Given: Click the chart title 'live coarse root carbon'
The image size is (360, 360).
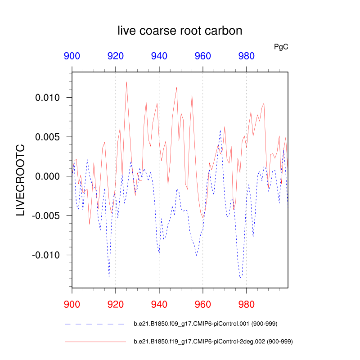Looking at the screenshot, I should tap(180, 31).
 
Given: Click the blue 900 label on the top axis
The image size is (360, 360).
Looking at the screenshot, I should tap(72, 56).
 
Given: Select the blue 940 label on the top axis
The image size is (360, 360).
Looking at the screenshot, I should tap(159, 56).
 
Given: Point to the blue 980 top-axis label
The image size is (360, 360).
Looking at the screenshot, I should tap(246, 56).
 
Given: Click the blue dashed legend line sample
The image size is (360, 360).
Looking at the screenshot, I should tap(94, 324).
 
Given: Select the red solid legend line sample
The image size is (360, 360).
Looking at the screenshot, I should tap(94, 342).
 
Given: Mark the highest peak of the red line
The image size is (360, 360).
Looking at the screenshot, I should tap(126, 82).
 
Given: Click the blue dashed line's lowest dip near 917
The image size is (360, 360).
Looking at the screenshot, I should tap(109, 276).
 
